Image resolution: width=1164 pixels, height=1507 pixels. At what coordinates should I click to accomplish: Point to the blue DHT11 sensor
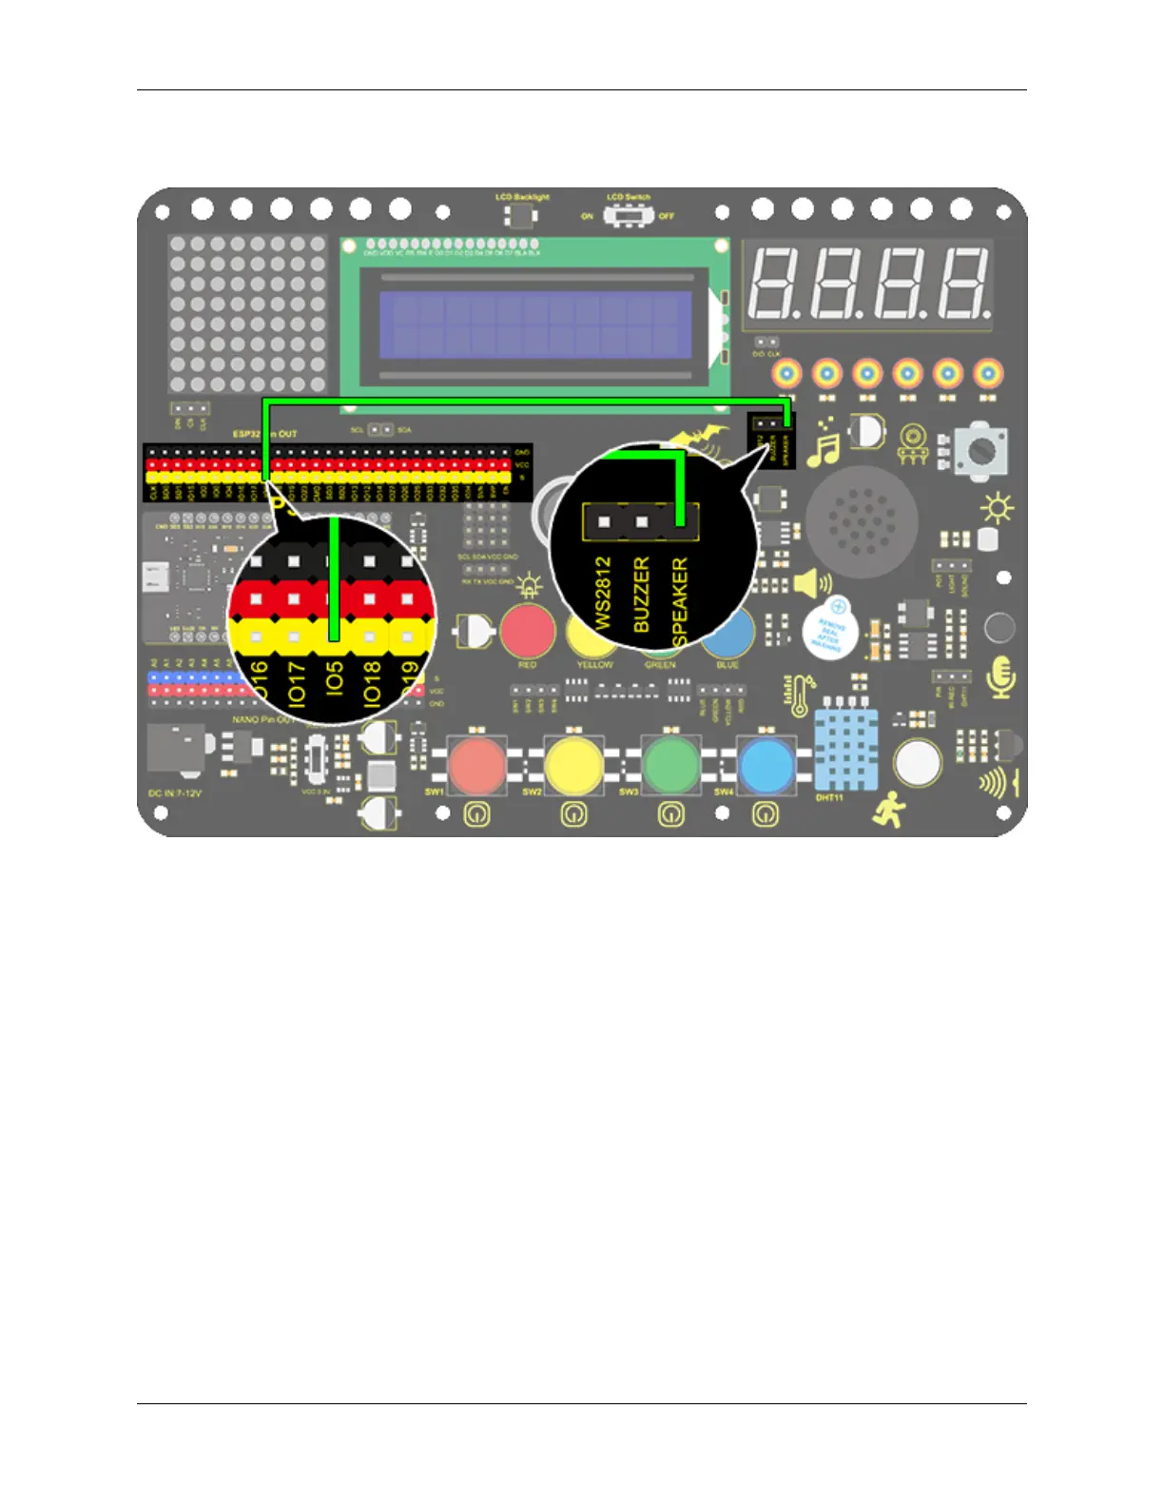tap(845, 751)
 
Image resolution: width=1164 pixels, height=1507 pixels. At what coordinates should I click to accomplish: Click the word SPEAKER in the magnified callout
tap(680, 602)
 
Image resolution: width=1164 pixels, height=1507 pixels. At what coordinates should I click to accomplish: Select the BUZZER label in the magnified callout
tap(642, 595)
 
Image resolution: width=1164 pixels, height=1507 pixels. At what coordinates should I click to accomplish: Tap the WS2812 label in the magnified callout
tap(603, 593)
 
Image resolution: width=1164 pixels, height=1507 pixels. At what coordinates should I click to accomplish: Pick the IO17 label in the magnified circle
tap(296, 683)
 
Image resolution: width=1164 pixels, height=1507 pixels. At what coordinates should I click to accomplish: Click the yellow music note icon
tap(824, 447)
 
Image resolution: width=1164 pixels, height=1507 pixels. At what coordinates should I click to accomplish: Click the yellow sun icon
tap(997, 509)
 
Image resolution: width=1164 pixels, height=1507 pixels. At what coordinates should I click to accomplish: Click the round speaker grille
tap(862, 521)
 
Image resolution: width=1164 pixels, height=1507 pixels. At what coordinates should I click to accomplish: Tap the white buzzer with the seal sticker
tap(829, 628)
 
